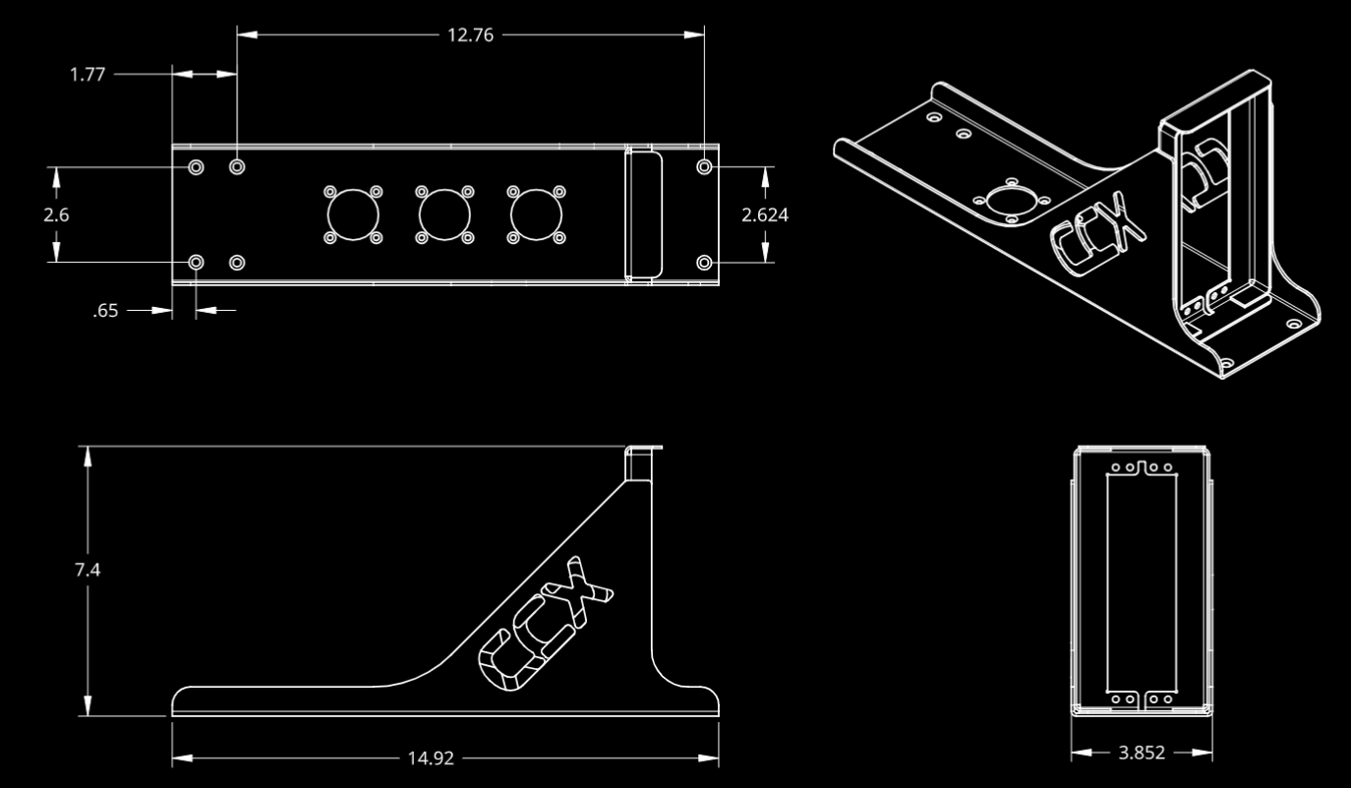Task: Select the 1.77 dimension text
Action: [88, 74]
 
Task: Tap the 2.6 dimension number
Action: [56, 214]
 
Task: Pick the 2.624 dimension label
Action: [765, 214]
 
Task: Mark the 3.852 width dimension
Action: [1142, 754]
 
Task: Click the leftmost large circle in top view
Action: [352, 213]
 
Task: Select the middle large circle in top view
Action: [443, 213]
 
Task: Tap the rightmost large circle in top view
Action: [535, 213]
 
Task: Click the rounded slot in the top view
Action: [644, 213]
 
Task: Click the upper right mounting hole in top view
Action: [704, 167]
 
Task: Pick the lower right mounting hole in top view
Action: [704, 263]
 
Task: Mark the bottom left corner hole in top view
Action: [197, 263]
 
